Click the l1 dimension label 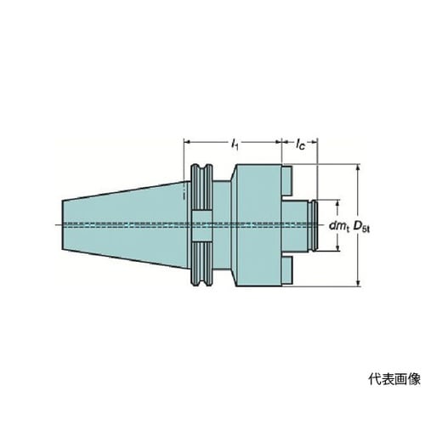[235, 144]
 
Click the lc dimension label [300, 144]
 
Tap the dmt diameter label [339, 226]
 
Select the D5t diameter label [362, 226]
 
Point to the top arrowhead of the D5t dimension [358, 167]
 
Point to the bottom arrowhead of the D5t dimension [358, 283]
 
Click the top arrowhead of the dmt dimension [337, 203]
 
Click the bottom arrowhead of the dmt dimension [337, 247]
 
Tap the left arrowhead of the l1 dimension [187, 141]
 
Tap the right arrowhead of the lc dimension [314, 141]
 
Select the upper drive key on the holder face [286, 181]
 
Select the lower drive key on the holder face [286, 271]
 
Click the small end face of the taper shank [63, 225]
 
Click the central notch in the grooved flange [201, 225]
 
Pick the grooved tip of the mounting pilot [314, 225]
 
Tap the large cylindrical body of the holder [258, 225]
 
